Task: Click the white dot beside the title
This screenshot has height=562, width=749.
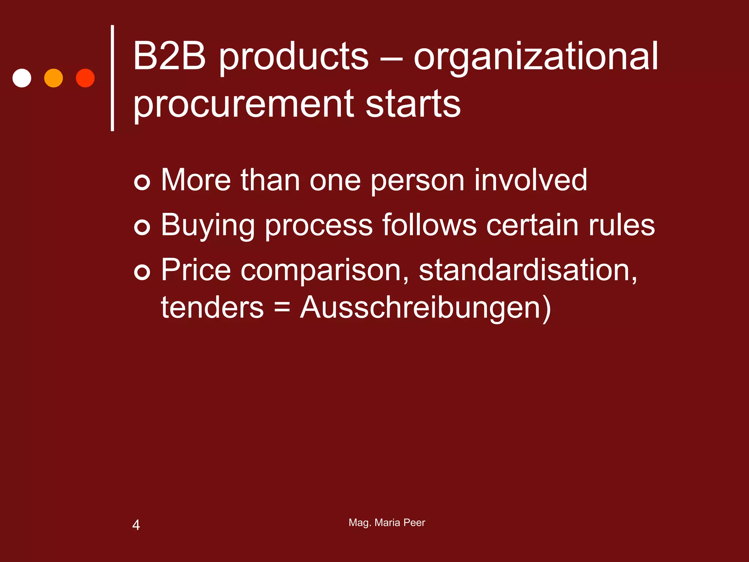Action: coord(22,78)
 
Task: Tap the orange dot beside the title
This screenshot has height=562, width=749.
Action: coord(53,78)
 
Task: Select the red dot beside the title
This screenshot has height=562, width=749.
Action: coord(85,78)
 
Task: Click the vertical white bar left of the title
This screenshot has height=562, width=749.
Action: coord(113,78)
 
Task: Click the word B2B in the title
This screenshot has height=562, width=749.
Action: coord(169,57)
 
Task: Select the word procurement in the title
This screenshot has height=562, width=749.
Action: coord(244,105)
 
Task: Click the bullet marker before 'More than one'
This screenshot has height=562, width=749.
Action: coord(142,182)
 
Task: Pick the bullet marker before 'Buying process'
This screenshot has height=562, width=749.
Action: coord(142,227)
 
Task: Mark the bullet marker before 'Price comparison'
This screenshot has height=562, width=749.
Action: coord(142,272)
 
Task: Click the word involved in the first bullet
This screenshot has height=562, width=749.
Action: coord(531,180)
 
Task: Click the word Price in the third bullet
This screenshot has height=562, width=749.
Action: coord(196,270)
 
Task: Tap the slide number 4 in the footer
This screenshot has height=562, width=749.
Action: coord(136,525)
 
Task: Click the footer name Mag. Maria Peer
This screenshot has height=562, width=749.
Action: coord(387,522)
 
